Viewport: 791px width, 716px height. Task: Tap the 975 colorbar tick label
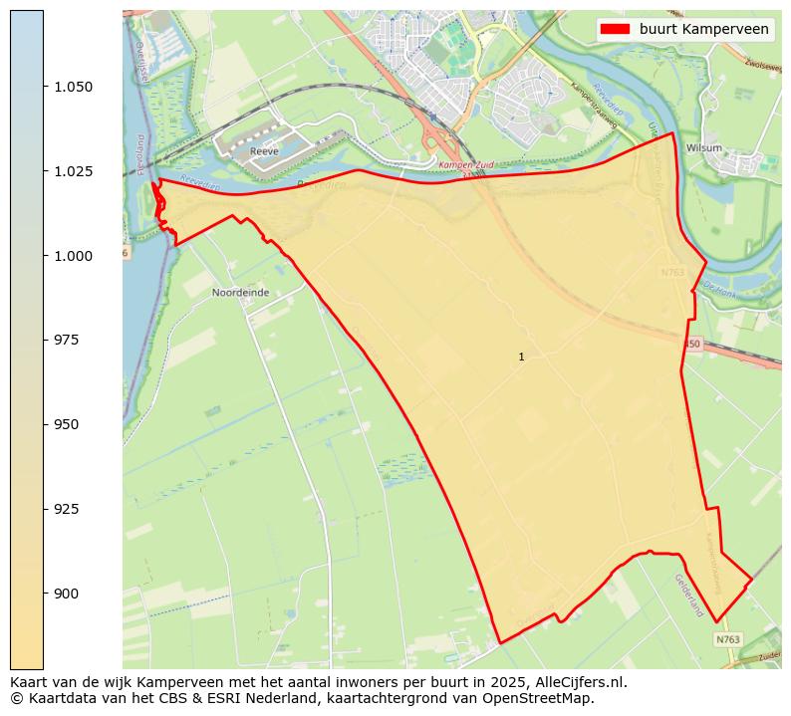68,340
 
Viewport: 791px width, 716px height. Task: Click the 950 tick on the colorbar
68,424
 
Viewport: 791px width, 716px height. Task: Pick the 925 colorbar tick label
68,509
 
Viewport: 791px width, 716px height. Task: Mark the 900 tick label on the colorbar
68,594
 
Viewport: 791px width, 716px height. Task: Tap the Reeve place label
264,151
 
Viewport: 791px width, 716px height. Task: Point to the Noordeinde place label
240,293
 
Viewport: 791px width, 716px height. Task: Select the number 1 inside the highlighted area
521,357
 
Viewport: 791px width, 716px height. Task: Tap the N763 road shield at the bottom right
728,639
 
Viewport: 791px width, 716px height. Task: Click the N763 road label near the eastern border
673,271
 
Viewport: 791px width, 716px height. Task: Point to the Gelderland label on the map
689,595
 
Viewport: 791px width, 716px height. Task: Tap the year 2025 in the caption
482,683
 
